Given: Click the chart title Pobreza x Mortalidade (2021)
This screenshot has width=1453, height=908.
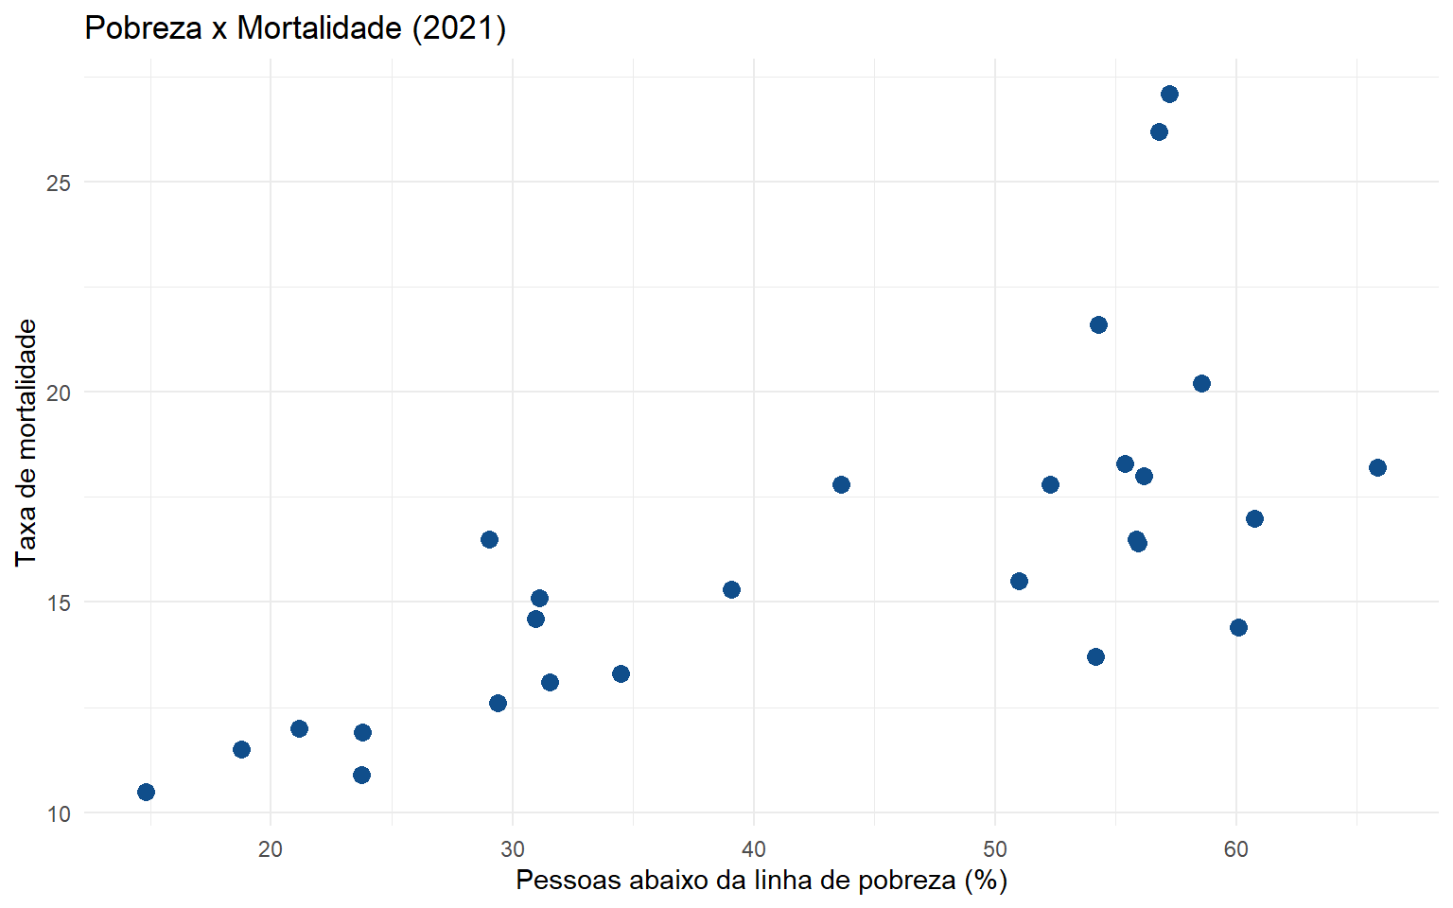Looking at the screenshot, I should point(295,28).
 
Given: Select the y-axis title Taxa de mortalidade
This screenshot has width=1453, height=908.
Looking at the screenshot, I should point(26,442).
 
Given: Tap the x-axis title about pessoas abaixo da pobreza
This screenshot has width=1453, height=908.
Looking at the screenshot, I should point(761,881).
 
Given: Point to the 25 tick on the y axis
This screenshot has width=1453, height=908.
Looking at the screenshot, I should point(59,183).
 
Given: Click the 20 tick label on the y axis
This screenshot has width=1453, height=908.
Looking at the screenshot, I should point(59,393).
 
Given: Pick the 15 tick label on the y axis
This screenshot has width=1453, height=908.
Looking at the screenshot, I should point(59,602).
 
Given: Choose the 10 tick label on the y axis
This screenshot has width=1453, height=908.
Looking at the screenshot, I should point(59,813).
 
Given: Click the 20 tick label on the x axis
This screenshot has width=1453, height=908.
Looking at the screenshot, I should point(271,849).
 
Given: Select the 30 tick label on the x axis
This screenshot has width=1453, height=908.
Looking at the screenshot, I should point(513,849).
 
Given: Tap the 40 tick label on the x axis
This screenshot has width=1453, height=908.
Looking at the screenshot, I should point(754,849).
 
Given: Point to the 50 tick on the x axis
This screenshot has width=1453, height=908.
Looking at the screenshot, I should point(995,849).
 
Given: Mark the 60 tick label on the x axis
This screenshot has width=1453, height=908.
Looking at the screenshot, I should point(1236,849).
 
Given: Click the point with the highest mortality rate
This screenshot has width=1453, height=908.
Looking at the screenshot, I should point(1169,94).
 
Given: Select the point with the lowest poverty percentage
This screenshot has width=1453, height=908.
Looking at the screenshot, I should point(146,792).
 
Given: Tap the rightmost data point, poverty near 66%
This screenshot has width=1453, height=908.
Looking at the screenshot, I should point(1377,467).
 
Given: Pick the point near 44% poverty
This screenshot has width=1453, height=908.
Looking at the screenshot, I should point(841,484).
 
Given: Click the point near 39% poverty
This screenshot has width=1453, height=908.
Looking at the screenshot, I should point(731,589).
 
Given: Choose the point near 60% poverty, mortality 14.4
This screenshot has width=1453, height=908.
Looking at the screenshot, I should point(1238,627).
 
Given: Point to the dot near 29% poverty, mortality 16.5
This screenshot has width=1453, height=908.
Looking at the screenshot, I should point(489,539).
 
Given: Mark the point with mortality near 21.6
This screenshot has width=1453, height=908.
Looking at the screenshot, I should point(1098,324).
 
